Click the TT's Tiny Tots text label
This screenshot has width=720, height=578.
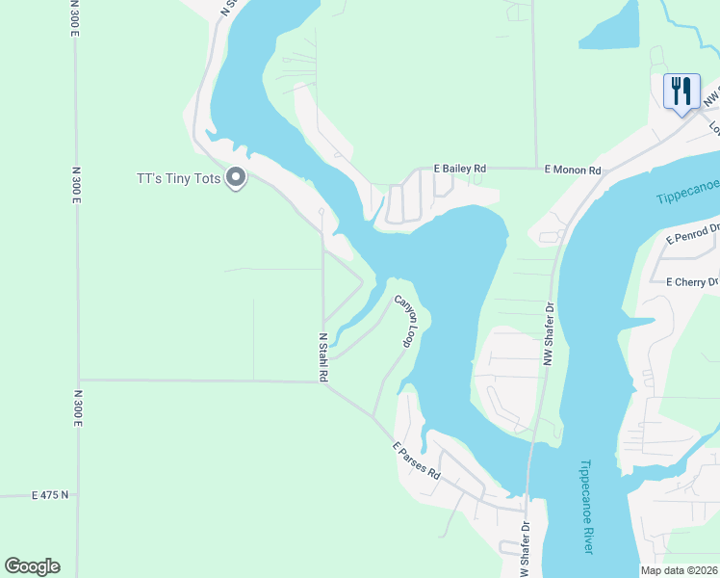tap(179, 178)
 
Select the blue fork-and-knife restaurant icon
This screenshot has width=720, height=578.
tap(681, 92)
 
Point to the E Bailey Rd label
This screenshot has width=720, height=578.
tap(459, 168)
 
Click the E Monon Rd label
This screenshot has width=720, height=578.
tap(573, 170)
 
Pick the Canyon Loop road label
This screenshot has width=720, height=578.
tap(408, 322)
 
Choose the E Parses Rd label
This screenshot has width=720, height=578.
tap(416, 462)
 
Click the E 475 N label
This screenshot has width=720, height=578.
tap(50, 495)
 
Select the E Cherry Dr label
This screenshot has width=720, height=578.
tap(692, 281)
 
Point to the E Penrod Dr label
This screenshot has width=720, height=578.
tap(692, 234)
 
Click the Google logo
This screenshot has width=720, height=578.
tap(32, 566)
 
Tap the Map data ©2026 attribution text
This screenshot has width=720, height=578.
tap(679, 570)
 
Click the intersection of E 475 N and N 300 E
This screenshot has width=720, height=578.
tap(78, 495)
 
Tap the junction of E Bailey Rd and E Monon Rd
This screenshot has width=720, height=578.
tap(535, 169)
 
